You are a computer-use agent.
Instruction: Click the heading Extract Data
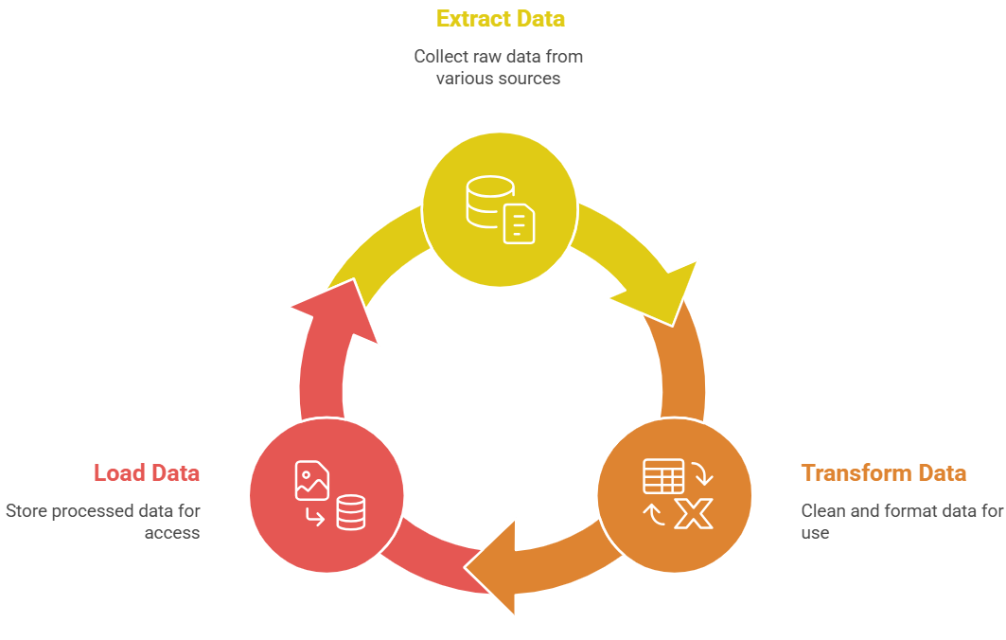pyautogui.click(x=501, y=19)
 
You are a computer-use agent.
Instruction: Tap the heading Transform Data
pyautogui.click(x=884, y=473)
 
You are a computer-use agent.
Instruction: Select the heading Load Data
pyautogui.click(x=147, y=473)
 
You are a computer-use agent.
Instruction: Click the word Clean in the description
pyautogui.click(x=823, y=511)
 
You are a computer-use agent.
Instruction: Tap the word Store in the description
pyautogui.click(x=26, y=511)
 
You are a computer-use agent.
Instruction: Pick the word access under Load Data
pyautogui.click(x=172, y=533)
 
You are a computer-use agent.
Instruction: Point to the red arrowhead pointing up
pyautogui.click(x=337, y=310)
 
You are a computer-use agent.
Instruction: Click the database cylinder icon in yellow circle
pyautogui.click(x=489, y=202)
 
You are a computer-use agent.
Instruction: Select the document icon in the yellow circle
pyautogui.click(x=519, y=224)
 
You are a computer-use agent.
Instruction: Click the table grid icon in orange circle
pyautogui.click(x=663, y=476)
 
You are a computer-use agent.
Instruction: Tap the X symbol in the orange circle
pyautogui.click(x=694, y=513)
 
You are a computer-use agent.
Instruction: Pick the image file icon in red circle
pyautogui.click(x=311, y=480)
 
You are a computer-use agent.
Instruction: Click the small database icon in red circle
pyautogui.click(x=351, y=512)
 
